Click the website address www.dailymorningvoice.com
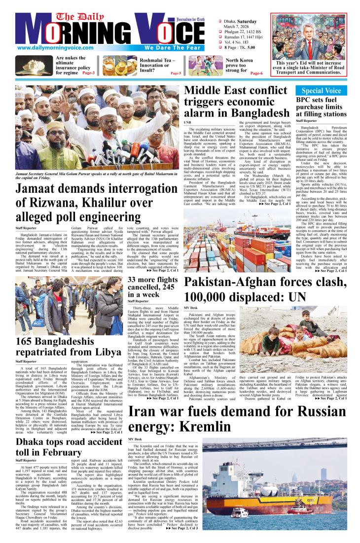(x=49, y=48)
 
